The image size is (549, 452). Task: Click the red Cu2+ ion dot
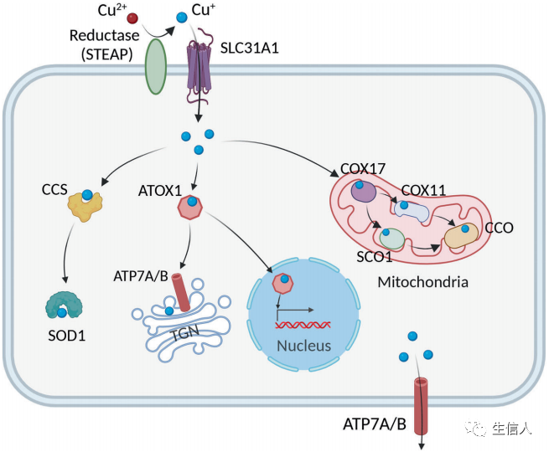click(x=132, y=18)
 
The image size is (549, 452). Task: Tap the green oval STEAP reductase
click(x=156, y=66)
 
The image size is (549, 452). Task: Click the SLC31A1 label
click(x=249, y=48)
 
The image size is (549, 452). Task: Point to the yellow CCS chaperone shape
click(x=85, y=206)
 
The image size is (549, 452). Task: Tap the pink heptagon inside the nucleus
click(x=283, y=284)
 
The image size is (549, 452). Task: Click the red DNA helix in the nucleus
click(x=303, y=325)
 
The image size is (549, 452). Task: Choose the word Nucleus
click(x=304, y=346)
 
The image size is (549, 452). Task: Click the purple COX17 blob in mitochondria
click(x=364, y=192)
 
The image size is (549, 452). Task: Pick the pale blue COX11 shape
click(x=412, y=211)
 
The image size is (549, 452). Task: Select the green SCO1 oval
click(x=392, y=239)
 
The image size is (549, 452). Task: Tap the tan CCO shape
click(x=462, y=235)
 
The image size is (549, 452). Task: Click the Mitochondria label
click(x=423, y=282)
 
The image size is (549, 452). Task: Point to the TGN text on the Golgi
click(x=186, y=332)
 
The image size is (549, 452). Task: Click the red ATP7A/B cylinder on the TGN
click(x=181, y=292)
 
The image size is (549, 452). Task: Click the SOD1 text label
click(x=66, y=336)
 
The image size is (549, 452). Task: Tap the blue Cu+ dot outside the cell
click(x=182, y=17)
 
